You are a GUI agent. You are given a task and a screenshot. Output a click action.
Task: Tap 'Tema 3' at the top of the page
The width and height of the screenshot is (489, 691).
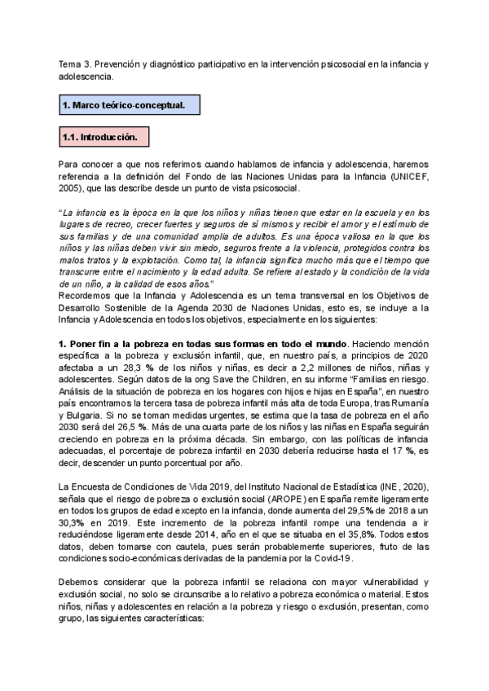tap(74, 64)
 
